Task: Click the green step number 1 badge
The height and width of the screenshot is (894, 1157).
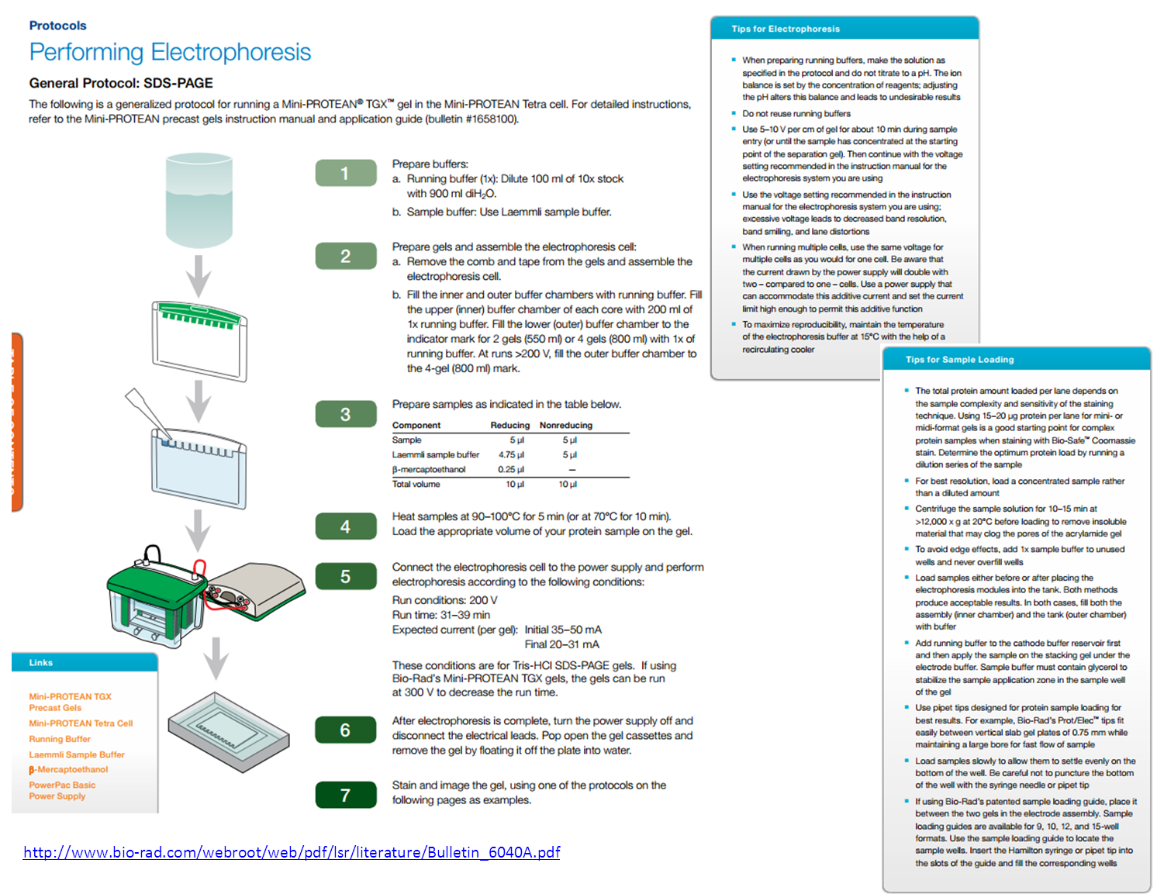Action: (x=346, y=173)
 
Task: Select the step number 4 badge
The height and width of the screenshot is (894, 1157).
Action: (x=346, y=526)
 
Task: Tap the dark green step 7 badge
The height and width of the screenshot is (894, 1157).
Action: (x=346, y=795)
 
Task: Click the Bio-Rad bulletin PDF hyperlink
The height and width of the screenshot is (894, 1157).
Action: (x=292, y=852)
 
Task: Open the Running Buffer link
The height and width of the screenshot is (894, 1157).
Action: (x=60, y=739)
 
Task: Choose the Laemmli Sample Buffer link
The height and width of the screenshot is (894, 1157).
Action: (x=77, y=754)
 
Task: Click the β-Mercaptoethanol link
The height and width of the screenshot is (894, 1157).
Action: (x=68, y=769)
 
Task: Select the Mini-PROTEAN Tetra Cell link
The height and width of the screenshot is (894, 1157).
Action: (x=81, y=723)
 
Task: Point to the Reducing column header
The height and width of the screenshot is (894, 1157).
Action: (x=509, y=425)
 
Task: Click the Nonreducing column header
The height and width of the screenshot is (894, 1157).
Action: (x=565, y=425)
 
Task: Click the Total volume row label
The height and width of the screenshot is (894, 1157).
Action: (x=416, y=484)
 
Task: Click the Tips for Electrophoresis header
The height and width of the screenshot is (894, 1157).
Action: (x=785, y=29)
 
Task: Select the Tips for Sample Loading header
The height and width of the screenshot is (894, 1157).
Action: (x=959, y=359)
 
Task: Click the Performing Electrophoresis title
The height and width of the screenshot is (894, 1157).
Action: (x=170, y=52)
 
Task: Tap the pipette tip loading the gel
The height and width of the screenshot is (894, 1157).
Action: (x=147, y=411)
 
